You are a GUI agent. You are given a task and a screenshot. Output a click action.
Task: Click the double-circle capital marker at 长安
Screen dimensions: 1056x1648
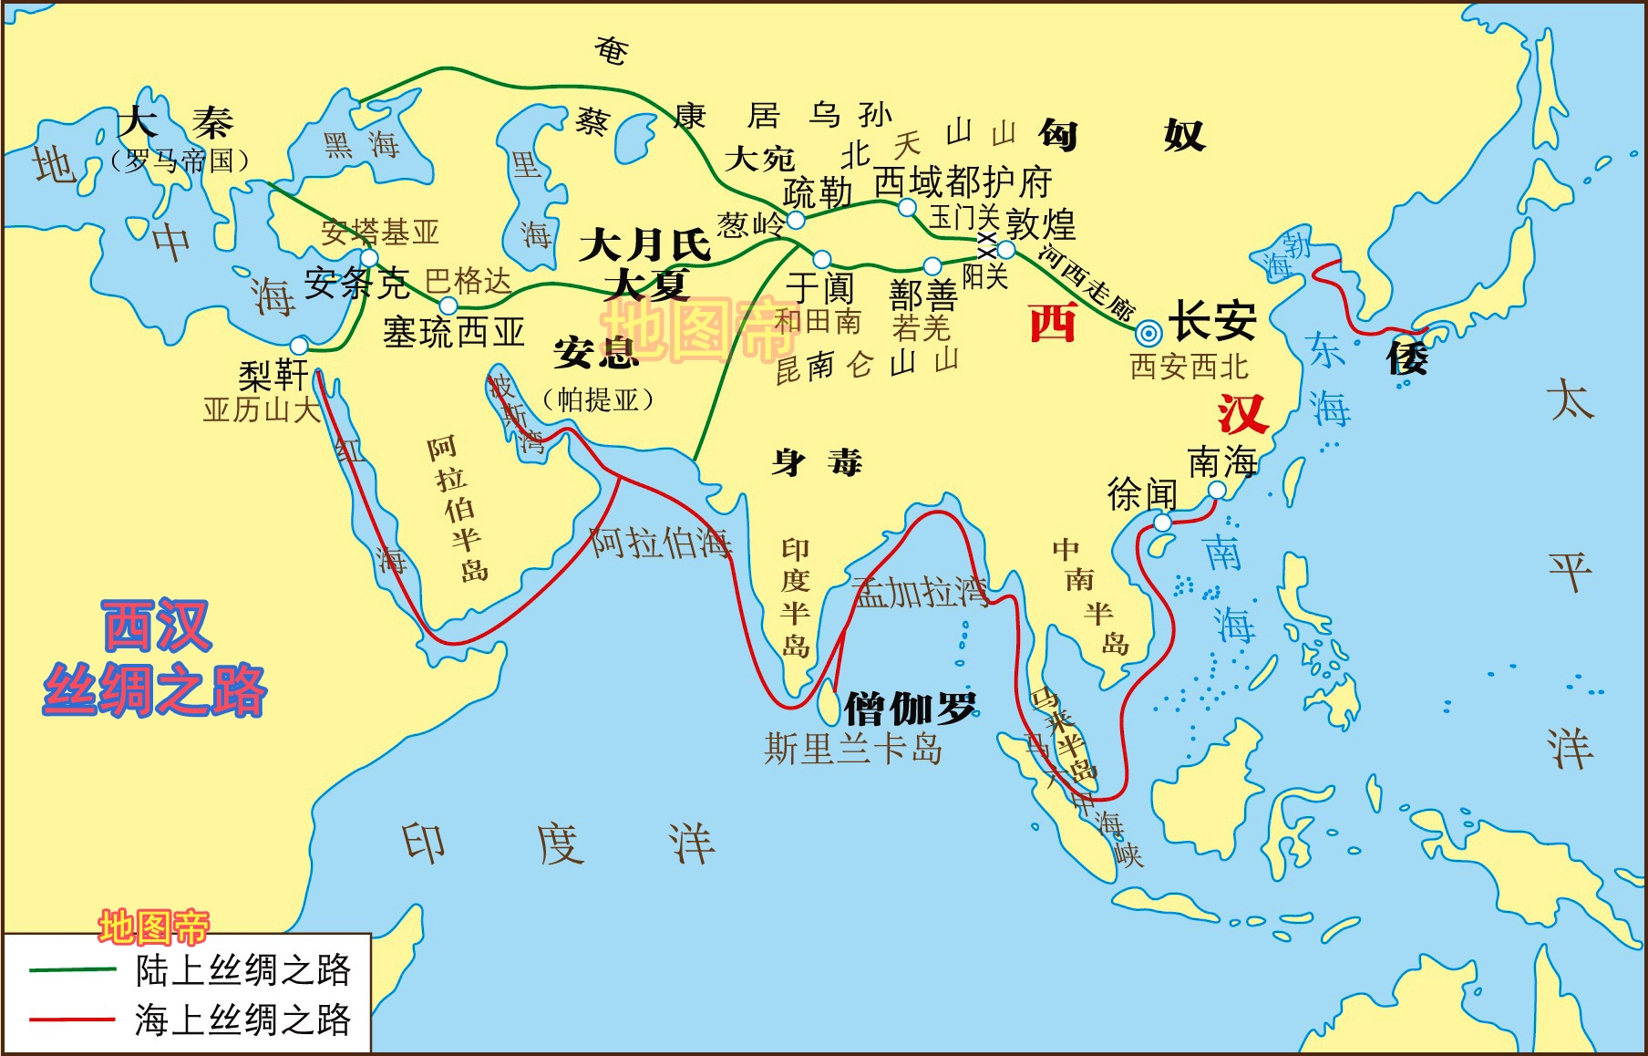tap(1149, 333)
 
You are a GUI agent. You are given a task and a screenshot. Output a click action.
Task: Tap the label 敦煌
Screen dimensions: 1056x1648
tap(1041, 223)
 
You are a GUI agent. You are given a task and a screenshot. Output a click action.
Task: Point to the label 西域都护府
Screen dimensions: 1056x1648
tap(963, 182)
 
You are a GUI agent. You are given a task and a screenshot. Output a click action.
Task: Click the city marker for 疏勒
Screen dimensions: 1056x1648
tap(796, 220)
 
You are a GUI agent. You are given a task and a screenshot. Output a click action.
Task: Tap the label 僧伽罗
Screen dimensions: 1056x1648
tap(910, 708)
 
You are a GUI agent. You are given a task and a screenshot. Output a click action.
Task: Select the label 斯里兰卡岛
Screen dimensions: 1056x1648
tap(853, 750)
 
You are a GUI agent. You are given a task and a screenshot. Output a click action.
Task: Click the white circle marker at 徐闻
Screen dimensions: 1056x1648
tap(1162, 523)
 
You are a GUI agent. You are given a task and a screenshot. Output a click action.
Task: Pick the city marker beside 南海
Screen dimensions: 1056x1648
tap(1217, 491)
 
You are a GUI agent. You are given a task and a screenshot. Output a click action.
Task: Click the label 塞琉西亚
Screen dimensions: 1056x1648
tap(454, 332)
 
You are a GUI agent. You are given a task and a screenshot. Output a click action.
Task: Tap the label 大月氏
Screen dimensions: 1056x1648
tap(644, 244)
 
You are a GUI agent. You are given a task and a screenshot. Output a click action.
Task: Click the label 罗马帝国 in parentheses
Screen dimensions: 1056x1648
tap(180, 161)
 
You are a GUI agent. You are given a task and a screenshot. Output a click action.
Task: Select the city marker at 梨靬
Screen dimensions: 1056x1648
tap(299, 346)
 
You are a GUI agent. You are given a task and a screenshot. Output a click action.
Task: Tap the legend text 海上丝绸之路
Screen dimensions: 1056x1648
tap(242, 1019)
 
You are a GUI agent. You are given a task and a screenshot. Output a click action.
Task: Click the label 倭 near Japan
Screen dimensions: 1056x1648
tap(1406, 357)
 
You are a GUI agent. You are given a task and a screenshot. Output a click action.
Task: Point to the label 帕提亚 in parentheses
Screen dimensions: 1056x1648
tap(598, 399)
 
